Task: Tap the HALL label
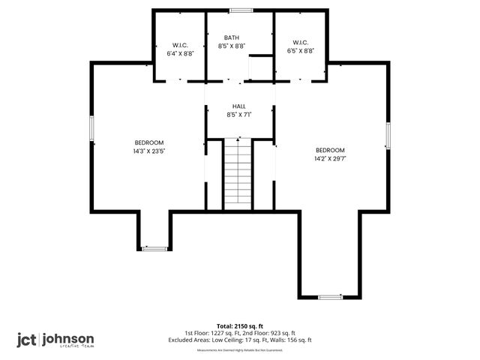click(x=238, y=107)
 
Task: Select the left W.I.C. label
click(x=179, y=43)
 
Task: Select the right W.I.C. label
click(x=301, y=43)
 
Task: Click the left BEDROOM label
click(x=149, y=142)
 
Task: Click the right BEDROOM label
click(x=330, y=150)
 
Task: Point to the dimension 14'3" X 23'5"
click(x=149, y=151)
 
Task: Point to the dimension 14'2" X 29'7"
click(x=330, y=158)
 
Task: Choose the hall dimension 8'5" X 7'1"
click(x=238, y=115)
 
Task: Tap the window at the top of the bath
click(x=241, y=10)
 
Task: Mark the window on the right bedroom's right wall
click(x=388, y=136)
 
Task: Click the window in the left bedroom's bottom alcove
click(x=155, y=248)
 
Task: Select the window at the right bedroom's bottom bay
click(x=330, y=297)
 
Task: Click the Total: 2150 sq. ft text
click(x=240, y=326)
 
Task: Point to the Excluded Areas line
click(x=240, y=340)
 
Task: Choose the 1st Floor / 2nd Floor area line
click(x=240, y=333)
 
